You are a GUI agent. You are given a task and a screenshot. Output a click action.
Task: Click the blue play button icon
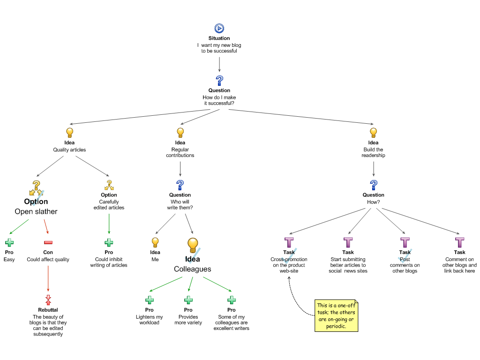point(219,29)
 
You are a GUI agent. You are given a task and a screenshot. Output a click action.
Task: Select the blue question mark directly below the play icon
point(219,81)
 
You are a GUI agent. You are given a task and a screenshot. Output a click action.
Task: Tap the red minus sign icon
point(48,242)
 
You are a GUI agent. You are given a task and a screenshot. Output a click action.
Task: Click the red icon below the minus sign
point(48,300)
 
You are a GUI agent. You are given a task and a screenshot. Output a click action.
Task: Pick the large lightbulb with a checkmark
point(193,245)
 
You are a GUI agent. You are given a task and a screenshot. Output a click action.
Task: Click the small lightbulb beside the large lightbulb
point(155,242)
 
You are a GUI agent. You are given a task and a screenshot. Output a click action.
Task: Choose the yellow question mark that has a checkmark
point(36,187)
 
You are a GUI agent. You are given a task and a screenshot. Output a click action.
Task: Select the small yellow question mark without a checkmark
point(109,185)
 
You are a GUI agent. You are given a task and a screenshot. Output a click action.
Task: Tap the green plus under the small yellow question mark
point(109,242)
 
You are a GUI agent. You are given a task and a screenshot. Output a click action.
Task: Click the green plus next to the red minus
point(9,242)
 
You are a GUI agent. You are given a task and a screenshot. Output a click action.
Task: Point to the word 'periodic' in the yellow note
point(336,326)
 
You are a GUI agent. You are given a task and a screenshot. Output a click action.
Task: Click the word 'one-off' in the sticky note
point(346,306)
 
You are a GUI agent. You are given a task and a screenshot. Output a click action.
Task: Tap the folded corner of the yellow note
point(356,302)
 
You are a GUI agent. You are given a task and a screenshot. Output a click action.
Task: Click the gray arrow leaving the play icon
point(219,64)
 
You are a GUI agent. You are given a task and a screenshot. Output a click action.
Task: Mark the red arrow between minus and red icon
point(48,278)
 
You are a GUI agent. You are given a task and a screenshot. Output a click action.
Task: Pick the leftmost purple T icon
point(289,242)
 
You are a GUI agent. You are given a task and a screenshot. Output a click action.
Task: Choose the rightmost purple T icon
point(460,242)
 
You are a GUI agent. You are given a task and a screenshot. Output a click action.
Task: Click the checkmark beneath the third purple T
point(405,256)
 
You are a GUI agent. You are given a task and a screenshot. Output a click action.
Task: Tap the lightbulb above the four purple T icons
point(373,133)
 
